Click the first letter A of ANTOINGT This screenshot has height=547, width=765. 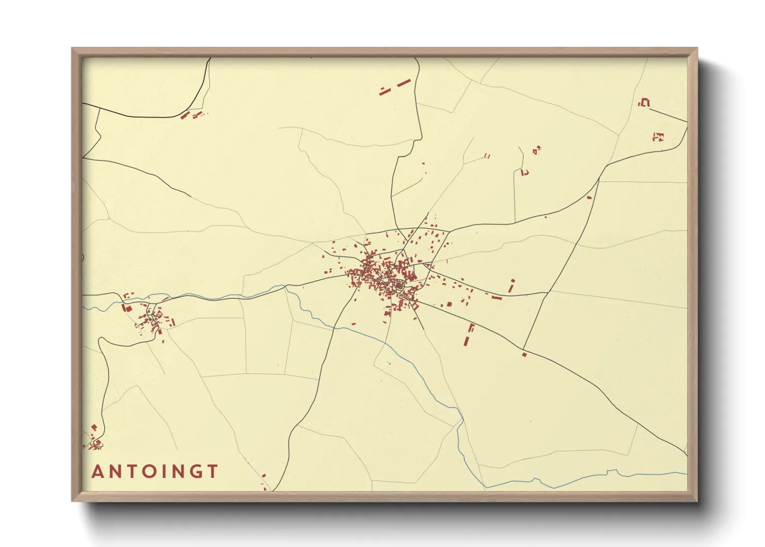coord(97,472)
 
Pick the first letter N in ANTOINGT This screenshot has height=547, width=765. coord(115,472)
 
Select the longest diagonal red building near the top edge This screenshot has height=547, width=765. coord(403,83)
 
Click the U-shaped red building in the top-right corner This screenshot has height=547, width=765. coord(645,102)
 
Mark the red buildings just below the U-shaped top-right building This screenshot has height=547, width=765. coord(657,137)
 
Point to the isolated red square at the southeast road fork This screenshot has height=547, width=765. coord(524,355)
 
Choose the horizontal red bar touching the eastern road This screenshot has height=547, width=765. coord(497,298)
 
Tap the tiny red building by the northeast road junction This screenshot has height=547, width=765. coord(589,197)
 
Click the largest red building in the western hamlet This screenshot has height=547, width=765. coord(127,308)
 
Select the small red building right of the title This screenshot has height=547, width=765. coord(264,475)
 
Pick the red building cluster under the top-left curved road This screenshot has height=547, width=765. coord(192,115)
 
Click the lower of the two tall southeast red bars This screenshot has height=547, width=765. coord(466,341)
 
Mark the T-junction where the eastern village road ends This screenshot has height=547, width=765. coord(547,293)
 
